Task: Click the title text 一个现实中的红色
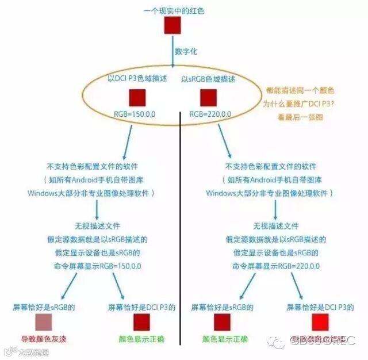pos(174,10)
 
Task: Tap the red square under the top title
pos(172,26)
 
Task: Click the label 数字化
pos(186,51)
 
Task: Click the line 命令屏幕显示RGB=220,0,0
pos(276,266)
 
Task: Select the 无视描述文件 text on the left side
pos(97,226)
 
